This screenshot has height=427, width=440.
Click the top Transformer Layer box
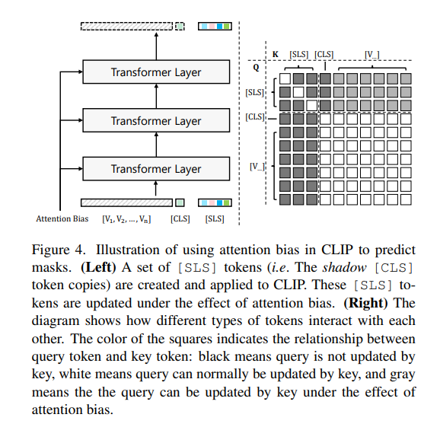(x=155, y=73)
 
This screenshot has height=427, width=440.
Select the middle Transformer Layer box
(x=155, y=121)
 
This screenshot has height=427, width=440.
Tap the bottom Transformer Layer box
(x=155, y=169)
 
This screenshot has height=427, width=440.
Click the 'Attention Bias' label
(x=62, y=219)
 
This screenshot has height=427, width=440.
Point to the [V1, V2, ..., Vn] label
(x=126, y=219)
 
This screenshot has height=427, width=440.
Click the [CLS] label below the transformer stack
(x=180, y=219)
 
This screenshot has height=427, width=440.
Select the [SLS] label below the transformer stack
(x=215, y=219)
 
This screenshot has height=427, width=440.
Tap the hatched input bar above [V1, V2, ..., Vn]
(x=126, y=202)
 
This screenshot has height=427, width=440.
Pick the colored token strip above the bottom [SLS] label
(x=215, y=202)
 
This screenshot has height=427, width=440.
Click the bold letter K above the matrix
(x=275, y=55)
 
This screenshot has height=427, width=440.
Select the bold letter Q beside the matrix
(x=257, y=67)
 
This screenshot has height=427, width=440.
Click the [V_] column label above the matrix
(x=371, y=54)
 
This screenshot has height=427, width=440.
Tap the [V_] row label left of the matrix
(x=257, y=165)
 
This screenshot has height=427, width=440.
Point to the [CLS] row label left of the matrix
(x=255, y=117)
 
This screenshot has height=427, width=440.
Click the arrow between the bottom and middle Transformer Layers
(x=155, y=145)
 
